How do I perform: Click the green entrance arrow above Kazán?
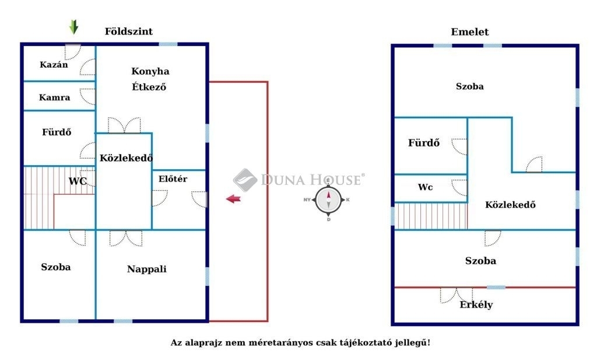click(74, 27)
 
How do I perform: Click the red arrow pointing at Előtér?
click(233, 198)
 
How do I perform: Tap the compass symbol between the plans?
click(328, 200)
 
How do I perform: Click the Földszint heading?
click(129, 32)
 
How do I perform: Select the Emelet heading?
click(470, 32)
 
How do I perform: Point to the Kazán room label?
click(54, 64)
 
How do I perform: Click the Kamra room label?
click(54, 97)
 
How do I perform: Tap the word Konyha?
click(150, 71)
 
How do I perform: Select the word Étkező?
click(149, 87)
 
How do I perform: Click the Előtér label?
click(173, 179)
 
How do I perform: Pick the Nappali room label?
click(146, 269)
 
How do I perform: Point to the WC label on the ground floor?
click(78, 181)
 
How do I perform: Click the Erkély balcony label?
click(476, 305)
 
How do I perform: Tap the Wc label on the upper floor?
click(425, 187)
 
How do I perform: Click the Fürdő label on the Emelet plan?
click(424, 143)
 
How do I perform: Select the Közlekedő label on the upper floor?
click(510, 205)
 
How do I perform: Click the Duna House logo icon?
click(245, 180)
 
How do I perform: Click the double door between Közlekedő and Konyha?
click(124, 125)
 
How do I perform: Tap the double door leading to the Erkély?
click(456, 295)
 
